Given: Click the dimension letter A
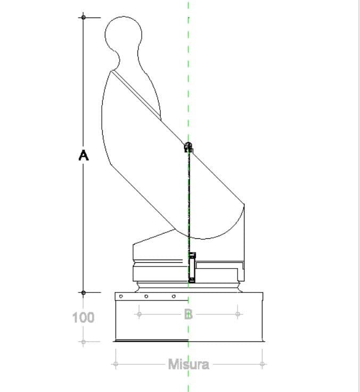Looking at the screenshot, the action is click(x=84, y=155).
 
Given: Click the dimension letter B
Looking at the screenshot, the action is click(x=189, y=314).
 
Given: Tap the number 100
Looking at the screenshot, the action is click(x=83, y=318).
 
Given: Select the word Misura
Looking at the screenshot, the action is click(x=189, y=364).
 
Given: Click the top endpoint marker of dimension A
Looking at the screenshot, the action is click(x=84, y=17).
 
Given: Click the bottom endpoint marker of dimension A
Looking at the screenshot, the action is click(x=84, y=293).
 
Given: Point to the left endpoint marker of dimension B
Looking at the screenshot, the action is click(x=139, y=314).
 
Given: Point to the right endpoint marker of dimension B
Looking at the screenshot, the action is click(x=238, y=314).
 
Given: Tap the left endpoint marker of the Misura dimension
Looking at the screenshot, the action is click(x=116, y=364).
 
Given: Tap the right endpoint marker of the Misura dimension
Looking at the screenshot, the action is click(x=262, y=364).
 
